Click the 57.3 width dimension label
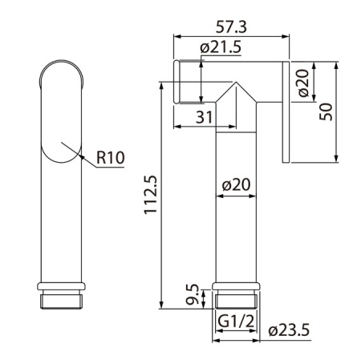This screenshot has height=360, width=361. [x=231, y=26]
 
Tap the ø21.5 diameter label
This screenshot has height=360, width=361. [x=221, y=47]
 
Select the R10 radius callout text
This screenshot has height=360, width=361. [x=111, y=157]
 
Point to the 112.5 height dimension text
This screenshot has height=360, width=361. [x=151, y=194]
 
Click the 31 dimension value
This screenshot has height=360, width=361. [x=205, y=117]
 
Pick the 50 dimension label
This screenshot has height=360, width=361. [x=327, y=111]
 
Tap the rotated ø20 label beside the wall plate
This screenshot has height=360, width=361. [x=304, y=83]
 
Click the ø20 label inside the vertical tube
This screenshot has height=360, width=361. [x=237, y=184]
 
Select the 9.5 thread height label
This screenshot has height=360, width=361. [x=193, y=294]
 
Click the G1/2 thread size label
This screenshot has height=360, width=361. [x=236, y=322]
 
